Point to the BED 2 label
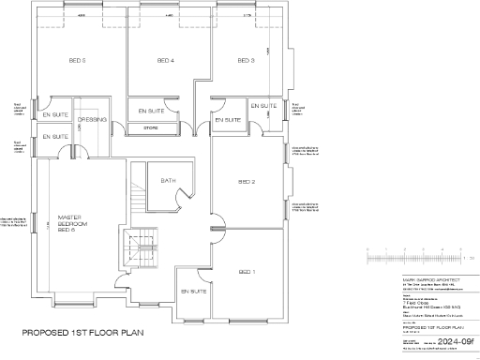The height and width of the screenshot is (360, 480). pyautogui.click(x=247, y=182)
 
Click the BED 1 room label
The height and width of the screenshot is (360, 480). pyautogui.click(x=247, y=271)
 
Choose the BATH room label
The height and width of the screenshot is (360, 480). pyautogui.click(x=168, y=180)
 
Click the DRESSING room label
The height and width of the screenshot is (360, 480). pyautogui.click(x=91, y=120)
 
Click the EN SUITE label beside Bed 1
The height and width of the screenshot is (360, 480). pyautogui.click(x=193, y=292)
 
